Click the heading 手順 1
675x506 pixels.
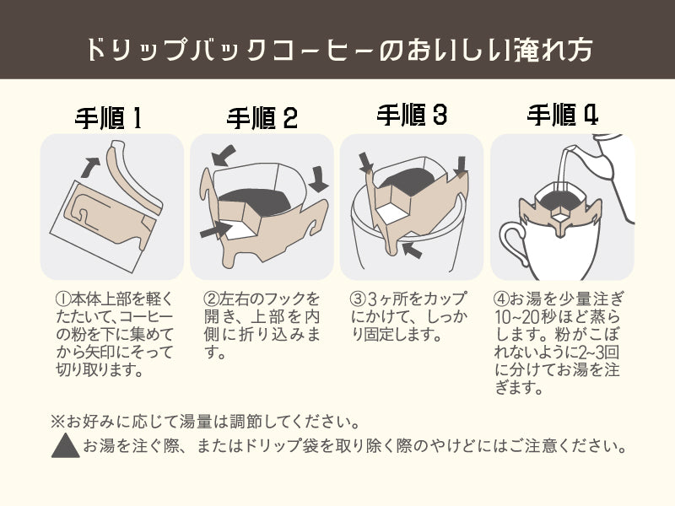click(109, 118)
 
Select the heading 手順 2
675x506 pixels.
click(262, 118)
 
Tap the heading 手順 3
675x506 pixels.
click(412, 115)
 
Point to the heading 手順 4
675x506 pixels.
click(563, 115)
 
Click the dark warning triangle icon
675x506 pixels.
click(66, 445)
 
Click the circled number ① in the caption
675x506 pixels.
click(63, 299)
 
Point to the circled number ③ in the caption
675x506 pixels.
click(358, 299)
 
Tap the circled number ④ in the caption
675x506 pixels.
click(501, 299)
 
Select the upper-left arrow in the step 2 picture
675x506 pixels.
click(224, 155)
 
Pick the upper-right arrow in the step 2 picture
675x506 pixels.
click(319, 179)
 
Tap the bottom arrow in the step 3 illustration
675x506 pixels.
click(412, 250)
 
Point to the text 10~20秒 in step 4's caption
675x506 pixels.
click(522, 317)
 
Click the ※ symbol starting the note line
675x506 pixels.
click(57, 421)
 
